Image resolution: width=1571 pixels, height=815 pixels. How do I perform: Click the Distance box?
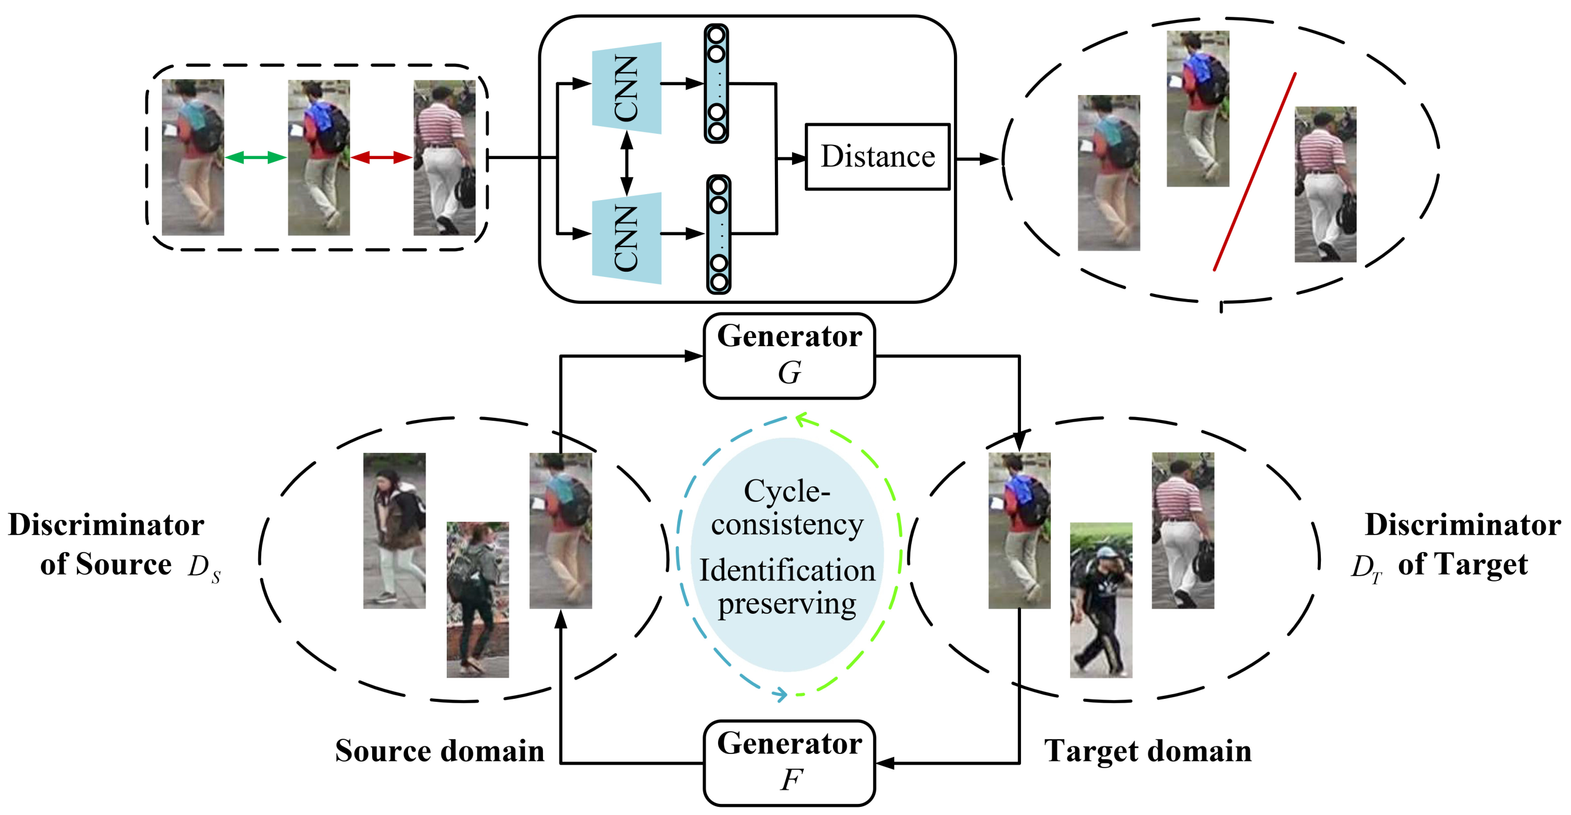877,157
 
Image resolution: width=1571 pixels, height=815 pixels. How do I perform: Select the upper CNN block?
626,88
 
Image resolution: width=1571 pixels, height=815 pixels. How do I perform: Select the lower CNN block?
626,238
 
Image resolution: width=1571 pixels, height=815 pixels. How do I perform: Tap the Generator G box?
789,356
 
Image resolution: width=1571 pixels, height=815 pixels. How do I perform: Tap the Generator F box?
789,763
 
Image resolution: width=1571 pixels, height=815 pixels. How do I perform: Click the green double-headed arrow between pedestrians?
255,158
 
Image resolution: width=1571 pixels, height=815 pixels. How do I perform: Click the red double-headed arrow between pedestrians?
382,158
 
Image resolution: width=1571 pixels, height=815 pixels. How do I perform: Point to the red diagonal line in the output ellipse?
1255,172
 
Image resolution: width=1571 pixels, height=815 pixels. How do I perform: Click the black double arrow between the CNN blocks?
626,163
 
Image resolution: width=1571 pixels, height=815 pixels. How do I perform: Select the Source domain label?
440,750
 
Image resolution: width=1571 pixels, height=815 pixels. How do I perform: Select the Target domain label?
1148,750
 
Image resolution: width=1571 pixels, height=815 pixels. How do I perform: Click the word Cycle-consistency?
787,507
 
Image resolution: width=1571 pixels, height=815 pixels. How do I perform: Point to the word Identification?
787,570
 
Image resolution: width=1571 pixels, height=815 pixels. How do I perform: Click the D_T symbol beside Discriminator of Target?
1367,568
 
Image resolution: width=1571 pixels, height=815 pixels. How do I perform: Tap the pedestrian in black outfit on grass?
1101,600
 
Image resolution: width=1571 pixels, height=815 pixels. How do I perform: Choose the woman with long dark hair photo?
395,530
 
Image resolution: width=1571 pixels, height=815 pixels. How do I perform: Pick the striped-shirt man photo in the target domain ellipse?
1182,530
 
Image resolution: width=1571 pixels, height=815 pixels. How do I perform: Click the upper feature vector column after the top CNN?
716,83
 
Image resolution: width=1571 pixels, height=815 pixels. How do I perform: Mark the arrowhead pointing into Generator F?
885,763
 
